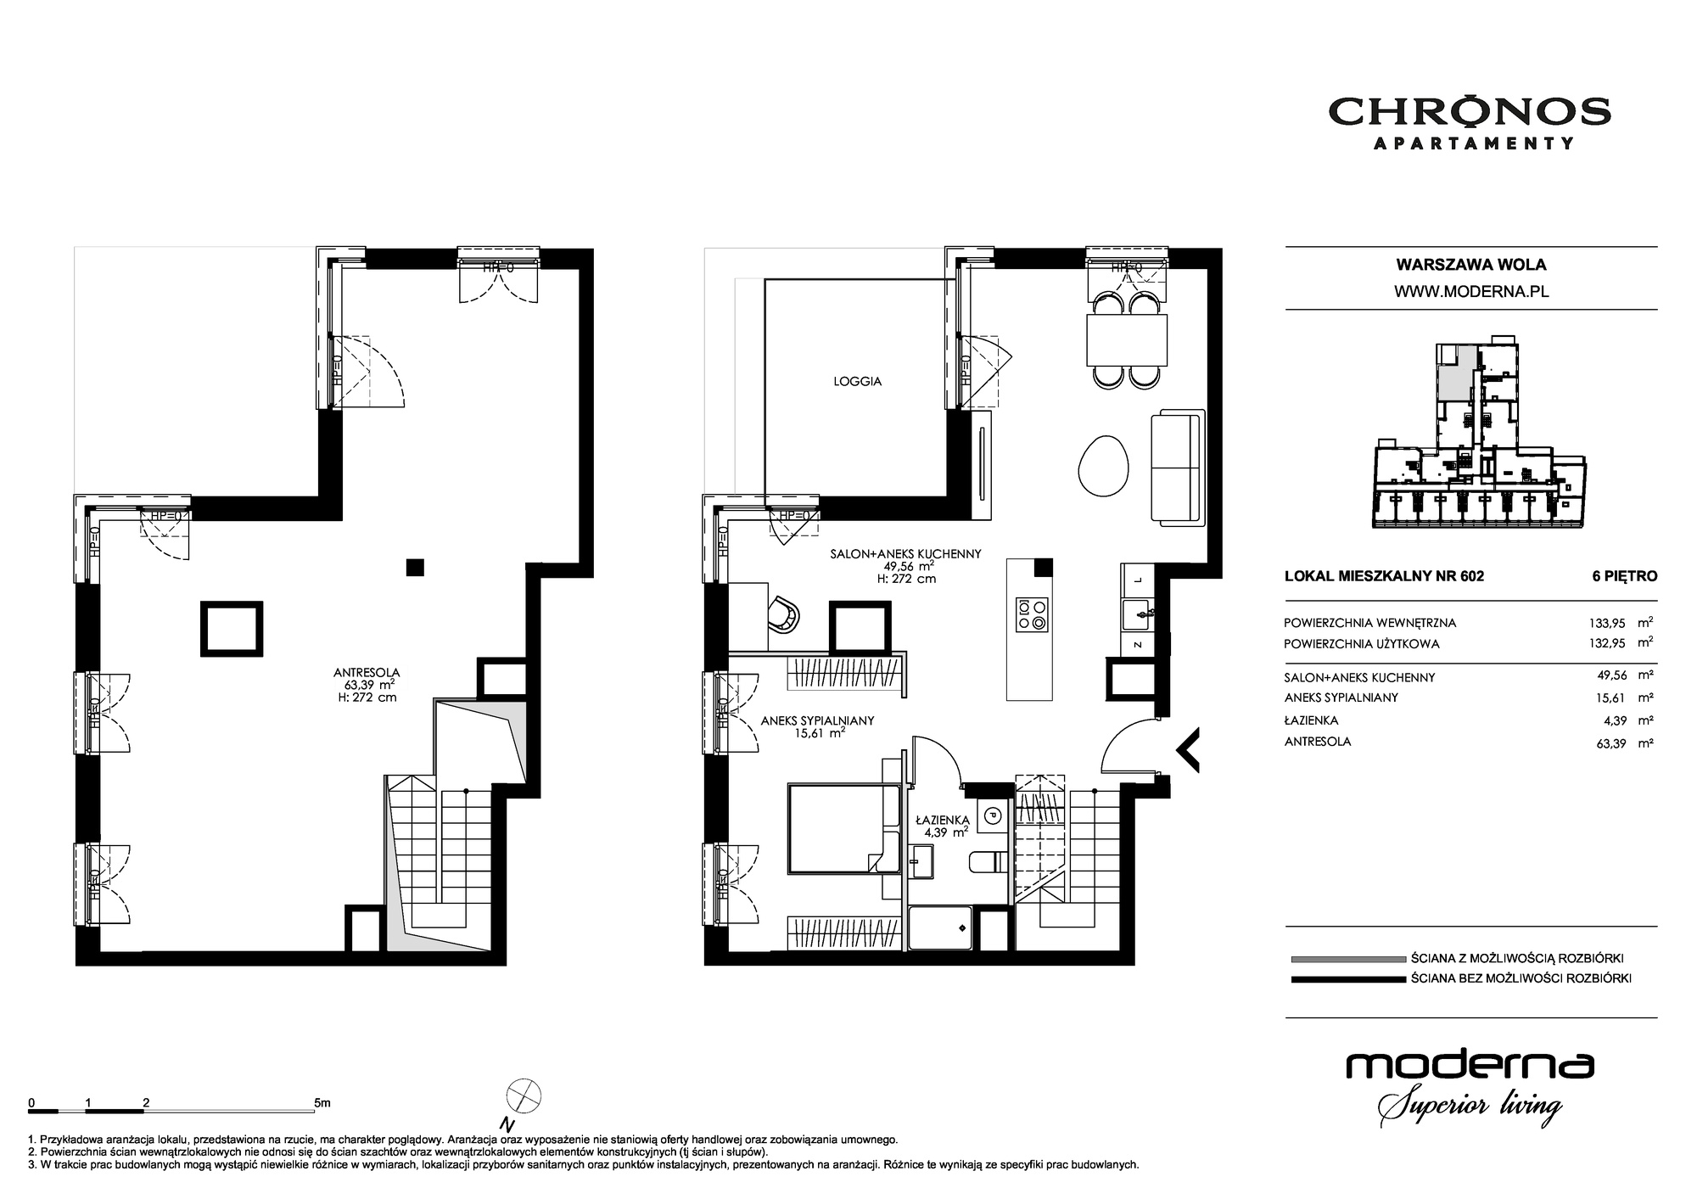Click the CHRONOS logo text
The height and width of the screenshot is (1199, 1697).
(1470, 111)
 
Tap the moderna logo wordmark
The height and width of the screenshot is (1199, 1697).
(1470, 1067)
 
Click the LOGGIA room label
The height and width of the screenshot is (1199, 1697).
(857, 382)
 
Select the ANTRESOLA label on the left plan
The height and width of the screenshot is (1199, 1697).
(367, 672)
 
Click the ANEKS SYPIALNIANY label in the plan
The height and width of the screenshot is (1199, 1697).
(817, 721)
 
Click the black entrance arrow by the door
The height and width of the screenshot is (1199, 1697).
(1187, 750)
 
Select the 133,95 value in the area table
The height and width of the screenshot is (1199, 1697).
(1606, 623)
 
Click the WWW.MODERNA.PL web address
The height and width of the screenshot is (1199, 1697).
(1471, 291)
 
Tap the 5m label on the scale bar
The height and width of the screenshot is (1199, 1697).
(322, 1103)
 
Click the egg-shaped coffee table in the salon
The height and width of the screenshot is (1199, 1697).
(1104, 466)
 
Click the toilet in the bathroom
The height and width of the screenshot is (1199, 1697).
(988, 862)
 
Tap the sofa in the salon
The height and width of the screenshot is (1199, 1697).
(1178, 466)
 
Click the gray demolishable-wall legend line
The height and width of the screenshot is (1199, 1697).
(1347, 959)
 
